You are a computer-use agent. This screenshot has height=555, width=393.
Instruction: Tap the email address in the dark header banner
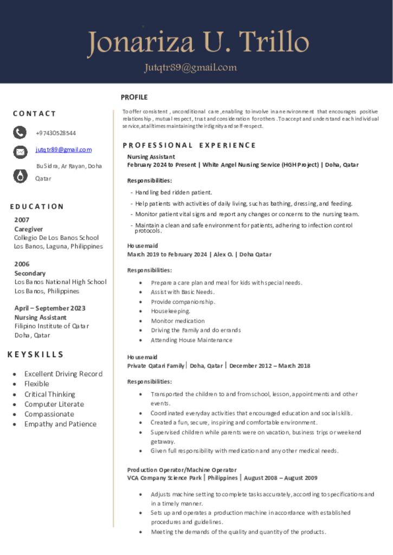(x=190, y=68)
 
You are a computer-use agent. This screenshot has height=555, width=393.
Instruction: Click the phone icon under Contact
(x=20, y=132)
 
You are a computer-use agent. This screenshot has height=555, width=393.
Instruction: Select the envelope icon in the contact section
(x=20, y=152)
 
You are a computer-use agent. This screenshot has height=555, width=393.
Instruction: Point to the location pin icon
(x=20, y=176)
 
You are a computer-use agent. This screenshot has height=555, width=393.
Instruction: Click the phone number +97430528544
(x=56, y=133)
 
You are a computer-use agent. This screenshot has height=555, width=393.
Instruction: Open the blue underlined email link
(x=63, y=150)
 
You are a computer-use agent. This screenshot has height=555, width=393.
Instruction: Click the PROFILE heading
(x=134, y=98)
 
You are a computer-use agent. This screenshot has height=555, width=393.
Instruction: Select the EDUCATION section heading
(x=37, y=206)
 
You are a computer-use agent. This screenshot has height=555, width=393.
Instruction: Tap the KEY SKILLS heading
(x=36, y=354)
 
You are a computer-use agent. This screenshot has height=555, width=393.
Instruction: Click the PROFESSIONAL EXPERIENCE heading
(x=189, y=145)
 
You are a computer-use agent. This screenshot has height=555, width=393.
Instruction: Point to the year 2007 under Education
(x=22, y=220)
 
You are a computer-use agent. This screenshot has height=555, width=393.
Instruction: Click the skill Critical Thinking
(x=50, y=394)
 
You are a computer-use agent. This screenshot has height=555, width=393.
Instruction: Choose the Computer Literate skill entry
(x=54, y=404)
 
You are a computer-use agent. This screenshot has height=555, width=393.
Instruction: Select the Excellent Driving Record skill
(x=63, y=374)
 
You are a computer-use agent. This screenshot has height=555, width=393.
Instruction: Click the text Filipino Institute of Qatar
(x=51, y=326)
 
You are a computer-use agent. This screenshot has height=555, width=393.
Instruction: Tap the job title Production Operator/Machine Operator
(x=182, y=469)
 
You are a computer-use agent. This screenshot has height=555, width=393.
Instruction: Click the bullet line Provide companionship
(x=183, y=302)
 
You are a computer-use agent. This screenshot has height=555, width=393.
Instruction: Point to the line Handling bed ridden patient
(x=173, y=192)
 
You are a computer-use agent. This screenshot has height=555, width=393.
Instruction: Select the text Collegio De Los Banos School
(x=56, y=237)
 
